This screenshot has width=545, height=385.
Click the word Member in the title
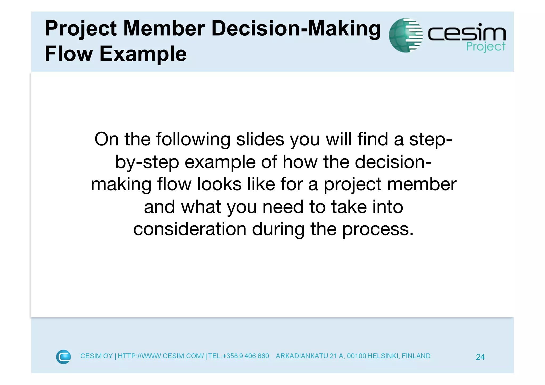164,28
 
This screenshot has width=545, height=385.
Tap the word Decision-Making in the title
296,28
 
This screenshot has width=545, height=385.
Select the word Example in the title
143,54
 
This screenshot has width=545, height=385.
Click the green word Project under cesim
486,47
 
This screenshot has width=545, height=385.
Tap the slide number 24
480,357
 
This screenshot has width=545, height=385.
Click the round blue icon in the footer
63,357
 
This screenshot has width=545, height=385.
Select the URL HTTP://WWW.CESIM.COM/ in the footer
160,356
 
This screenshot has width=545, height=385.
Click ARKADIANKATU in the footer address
302,356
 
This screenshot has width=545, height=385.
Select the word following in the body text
193,139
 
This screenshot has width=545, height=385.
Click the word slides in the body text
260,139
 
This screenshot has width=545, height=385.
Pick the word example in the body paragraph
220,162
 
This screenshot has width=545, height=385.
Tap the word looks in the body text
219,184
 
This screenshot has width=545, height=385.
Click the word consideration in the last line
190,229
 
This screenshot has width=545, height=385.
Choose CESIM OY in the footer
96,356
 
